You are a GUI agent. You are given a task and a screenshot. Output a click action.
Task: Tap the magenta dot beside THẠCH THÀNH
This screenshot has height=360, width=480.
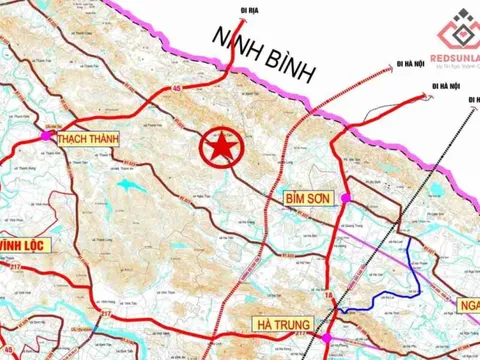tap(46, 135)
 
